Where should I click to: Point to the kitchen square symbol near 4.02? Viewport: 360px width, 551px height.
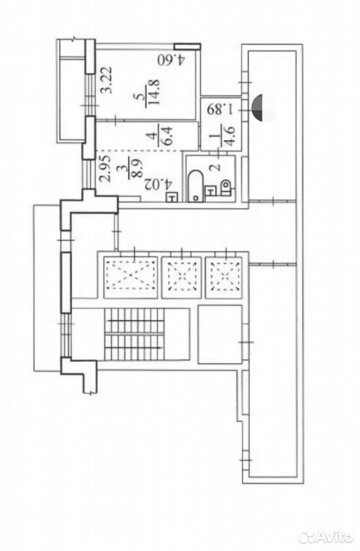click(x=171, y=198)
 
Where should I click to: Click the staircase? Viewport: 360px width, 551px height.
click(x=134, y=333)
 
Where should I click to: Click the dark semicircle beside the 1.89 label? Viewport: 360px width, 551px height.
click(x=258, y=107)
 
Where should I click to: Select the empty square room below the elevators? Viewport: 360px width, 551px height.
click(x=220, y=334)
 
